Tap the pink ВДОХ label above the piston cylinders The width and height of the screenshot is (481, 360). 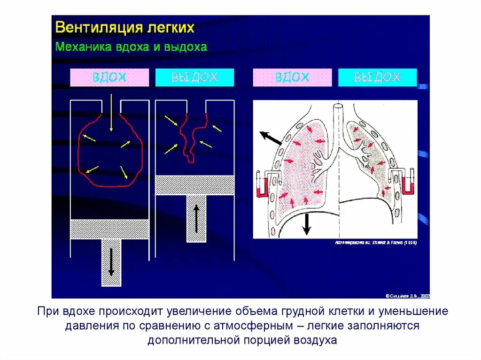click(x=109, y=77)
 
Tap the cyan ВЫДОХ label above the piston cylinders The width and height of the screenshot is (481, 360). click(x=194, y=77)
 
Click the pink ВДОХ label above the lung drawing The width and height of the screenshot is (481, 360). click(x=292, y=77)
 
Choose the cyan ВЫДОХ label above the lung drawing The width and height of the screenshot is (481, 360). click(x=377, y=77)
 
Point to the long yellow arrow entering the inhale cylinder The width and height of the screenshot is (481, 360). click(x=110, y=113)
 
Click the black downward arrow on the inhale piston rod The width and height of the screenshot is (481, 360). click(x=111, y=261)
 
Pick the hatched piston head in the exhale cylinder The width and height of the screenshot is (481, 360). click(x=194, y=185)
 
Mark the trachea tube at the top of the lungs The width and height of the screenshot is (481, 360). click(x=337, y=117)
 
